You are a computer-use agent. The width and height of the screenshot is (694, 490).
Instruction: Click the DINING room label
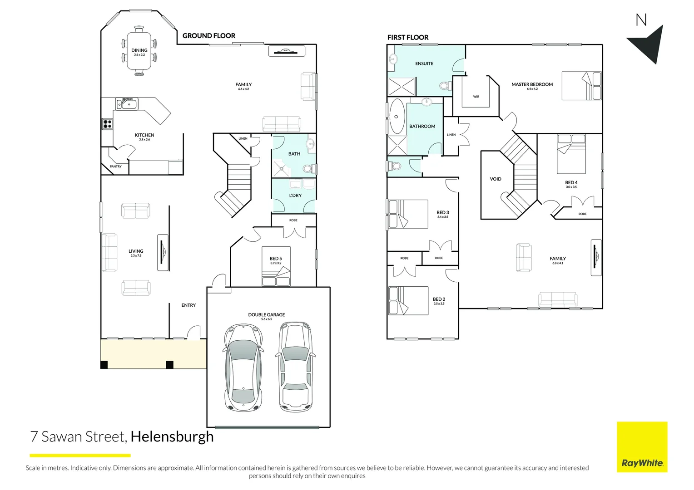tap(139, 50)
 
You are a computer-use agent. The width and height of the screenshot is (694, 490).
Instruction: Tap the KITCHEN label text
tap(144, 135)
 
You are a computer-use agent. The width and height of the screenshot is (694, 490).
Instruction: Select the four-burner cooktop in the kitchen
tap(107, 123)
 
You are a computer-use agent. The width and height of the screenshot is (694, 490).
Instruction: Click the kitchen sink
tap(127, 104)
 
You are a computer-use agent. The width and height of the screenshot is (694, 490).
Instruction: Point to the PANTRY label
tap(116, 167)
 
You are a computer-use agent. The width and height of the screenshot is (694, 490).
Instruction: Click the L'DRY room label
tap(295, 196)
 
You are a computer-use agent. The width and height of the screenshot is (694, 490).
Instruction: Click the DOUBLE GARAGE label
tap(267, 314)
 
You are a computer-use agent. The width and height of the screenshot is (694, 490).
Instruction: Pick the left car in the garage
tap(243, 367)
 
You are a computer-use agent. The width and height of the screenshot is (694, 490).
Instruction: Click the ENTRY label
tap(188, 305)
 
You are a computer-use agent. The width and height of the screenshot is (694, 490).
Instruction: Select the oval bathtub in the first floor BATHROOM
tap(397, 116)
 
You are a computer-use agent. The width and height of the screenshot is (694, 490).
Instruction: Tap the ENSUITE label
tap(424, 64)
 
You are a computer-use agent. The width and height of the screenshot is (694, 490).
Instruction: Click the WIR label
tap(476, 97)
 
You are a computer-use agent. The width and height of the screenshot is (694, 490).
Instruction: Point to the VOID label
tap(496, 179)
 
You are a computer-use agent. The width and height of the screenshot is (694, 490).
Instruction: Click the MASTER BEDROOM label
tap(532, 84)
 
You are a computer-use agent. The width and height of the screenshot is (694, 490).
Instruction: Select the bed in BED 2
tap(408, 300)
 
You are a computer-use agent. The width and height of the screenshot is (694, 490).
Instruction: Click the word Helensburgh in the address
tap(172, 436)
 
